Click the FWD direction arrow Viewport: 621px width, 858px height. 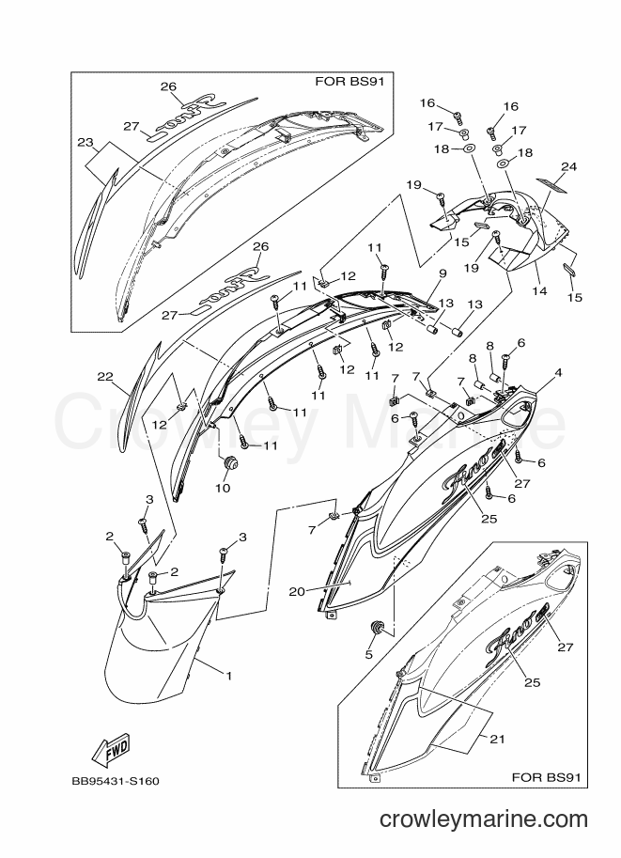pos(111,750)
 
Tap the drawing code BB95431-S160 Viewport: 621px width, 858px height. pos(116,781)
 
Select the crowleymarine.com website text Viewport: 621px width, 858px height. pos(484,819)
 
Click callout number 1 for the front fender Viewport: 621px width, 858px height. pos(228,676)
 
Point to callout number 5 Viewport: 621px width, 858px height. pos(369,654)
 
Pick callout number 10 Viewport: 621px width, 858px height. pos(223,488)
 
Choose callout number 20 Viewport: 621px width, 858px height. pos(297,591)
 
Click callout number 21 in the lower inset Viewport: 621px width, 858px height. pos(497,740)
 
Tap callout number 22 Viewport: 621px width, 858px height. pos(104,377)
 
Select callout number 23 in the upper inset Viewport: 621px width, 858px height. pos(85,143)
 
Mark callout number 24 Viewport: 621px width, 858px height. pos(569,167)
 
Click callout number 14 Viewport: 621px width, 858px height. pos(539,291)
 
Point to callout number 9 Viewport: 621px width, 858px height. pos(442,273)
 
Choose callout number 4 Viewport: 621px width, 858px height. pos(558,373)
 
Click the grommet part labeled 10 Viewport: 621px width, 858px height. pos(227,463)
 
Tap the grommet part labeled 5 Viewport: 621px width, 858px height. pos(376,630)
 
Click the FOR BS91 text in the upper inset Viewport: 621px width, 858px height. pos(349,82)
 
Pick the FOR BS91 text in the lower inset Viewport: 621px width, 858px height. pos(546,776)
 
